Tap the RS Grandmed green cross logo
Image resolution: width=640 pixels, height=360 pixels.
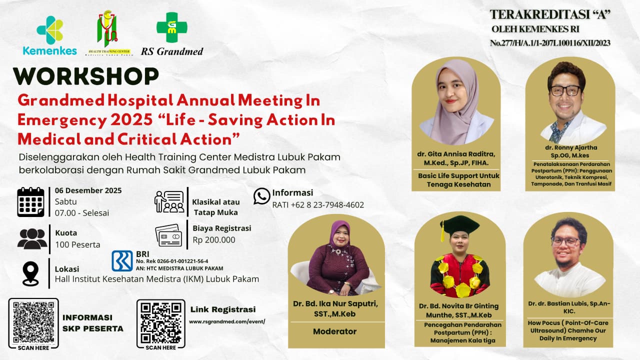[171, 27]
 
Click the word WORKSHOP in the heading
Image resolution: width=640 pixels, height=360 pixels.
[85, 76]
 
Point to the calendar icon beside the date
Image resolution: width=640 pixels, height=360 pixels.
[30, 201]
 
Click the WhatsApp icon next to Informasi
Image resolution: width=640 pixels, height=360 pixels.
[261, 196]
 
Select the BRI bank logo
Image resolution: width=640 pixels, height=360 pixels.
[122, 260]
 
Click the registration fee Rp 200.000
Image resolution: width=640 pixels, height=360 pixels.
[214, 239]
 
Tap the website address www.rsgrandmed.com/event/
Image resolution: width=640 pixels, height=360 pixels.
[227, 321]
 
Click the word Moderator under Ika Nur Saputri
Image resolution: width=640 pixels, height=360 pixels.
[334, 331]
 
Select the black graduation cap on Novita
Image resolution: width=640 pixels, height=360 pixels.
[459, 225]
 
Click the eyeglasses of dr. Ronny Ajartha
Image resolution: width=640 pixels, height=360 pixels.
[565, 90]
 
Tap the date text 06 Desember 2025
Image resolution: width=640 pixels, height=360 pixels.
[88, 190]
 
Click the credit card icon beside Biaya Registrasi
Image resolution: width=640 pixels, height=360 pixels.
[168, 235]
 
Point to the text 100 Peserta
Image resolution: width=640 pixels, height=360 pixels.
[77, 244]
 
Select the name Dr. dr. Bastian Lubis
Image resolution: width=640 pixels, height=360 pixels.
[568, 303]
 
